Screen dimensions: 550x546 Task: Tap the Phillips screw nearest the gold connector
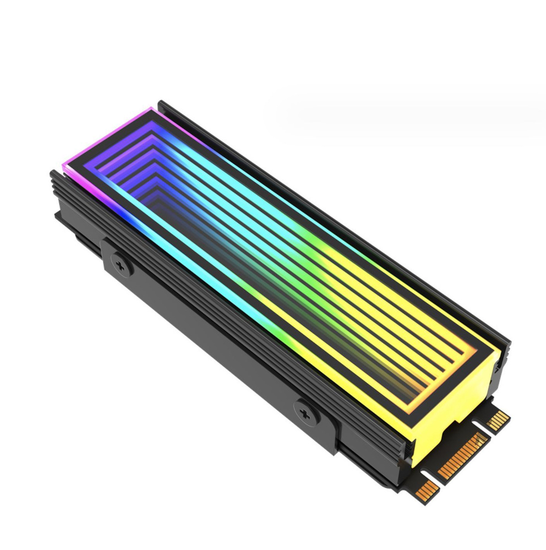point(304,411)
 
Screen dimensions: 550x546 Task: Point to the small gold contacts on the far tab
point(499,420)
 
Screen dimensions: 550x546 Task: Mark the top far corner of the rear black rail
point(160,103)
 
